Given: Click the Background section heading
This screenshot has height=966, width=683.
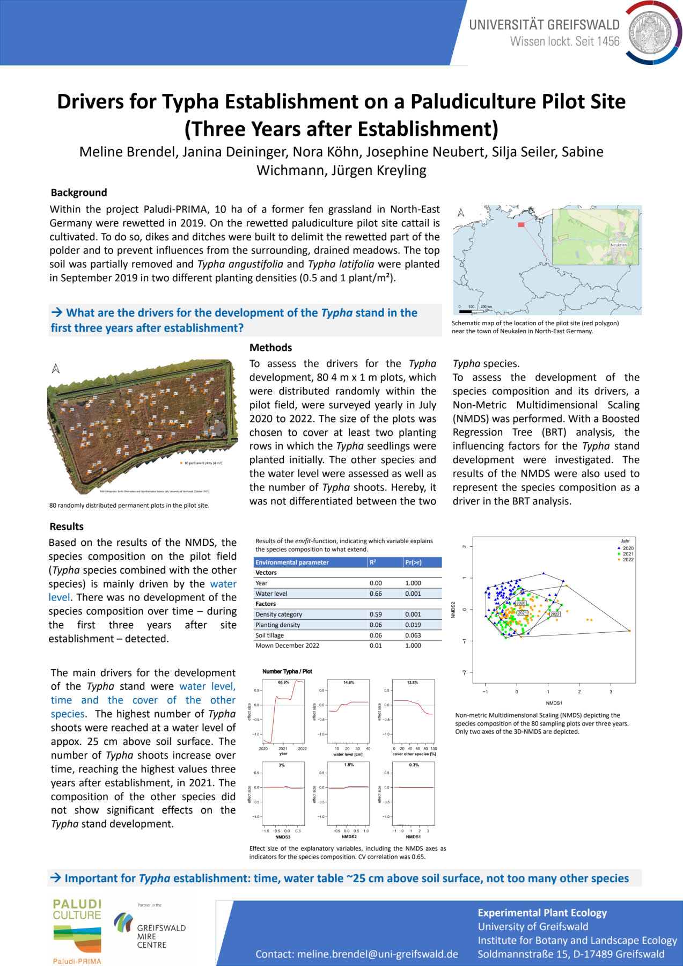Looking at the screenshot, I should (79, 193).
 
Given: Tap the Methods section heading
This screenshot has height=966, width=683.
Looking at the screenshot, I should (271, 348).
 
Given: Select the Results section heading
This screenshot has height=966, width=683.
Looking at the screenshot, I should (67, 526).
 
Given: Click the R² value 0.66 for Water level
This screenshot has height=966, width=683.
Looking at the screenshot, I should (376, 594).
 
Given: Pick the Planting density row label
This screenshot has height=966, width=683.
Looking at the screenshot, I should (278, 625).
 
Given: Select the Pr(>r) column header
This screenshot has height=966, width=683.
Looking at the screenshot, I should (414, 562).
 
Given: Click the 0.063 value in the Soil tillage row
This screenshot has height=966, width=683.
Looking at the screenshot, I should (413, 635).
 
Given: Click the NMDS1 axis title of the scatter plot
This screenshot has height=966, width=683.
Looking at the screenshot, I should (554, 703).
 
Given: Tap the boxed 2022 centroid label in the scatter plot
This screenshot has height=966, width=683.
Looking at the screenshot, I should (555, 614).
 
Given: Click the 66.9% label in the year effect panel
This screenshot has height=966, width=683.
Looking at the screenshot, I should (283, 683).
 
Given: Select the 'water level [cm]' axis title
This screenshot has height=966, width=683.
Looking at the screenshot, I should (348, 754).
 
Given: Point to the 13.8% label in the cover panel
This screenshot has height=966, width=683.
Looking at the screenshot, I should (413, 683).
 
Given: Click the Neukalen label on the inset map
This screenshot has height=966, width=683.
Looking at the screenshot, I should (619, 245).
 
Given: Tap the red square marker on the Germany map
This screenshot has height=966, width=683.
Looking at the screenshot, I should (521, 224).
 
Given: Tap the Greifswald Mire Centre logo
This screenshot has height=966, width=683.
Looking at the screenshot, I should (150, 931).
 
